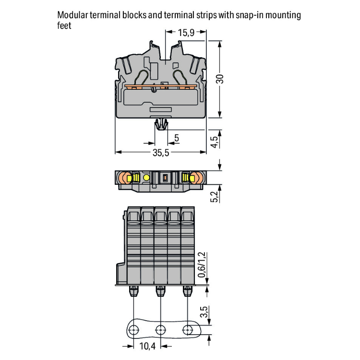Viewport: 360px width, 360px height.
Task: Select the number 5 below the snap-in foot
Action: click(177, 138)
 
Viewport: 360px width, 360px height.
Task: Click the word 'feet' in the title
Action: click(64, 25)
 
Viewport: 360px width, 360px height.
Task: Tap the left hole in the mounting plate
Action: click(134, 329)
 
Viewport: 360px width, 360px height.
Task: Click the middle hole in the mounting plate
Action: click(160, 329)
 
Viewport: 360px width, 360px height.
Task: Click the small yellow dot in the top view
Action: click(146, 178)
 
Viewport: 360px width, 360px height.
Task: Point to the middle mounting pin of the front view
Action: click(160, 291)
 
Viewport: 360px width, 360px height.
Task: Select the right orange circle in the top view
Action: click(195, 178)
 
